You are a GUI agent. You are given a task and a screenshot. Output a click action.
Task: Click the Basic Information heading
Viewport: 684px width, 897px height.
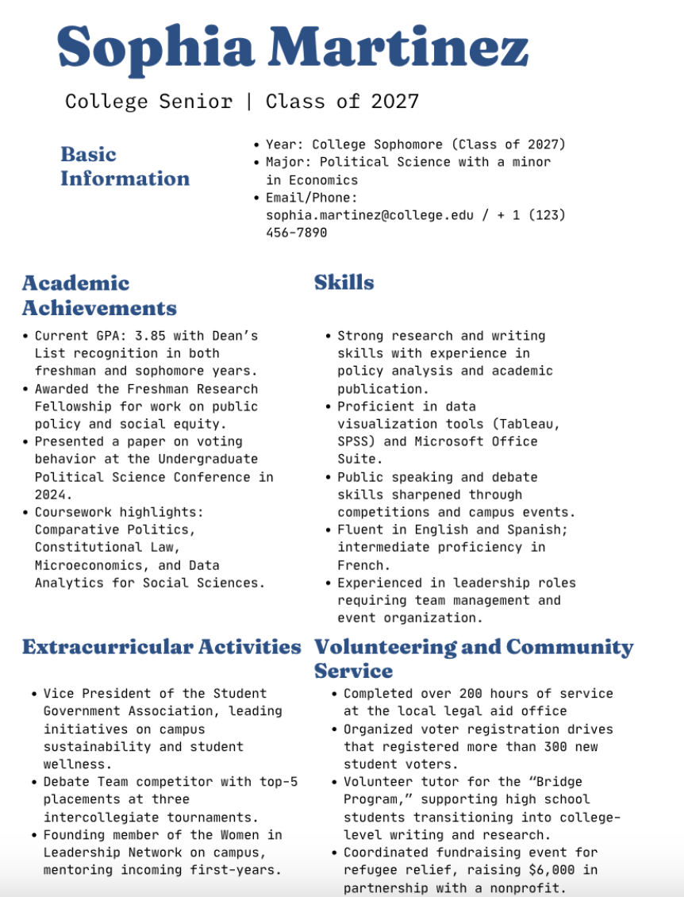click(x=125, y=166)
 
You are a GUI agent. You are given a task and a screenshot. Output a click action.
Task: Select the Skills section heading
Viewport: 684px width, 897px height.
click(x=344, y=283)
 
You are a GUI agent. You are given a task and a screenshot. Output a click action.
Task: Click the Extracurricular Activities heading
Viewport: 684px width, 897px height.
click(x=161, y=647)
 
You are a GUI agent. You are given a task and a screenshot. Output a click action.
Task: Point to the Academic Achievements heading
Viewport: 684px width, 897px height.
click(x=99, y=295)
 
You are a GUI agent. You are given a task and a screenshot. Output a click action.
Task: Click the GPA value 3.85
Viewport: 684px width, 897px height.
click(x=154, y=336)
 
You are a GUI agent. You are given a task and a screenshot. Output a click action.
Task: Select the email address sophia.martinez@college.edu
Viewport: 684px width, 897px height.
click(x=369, y=215)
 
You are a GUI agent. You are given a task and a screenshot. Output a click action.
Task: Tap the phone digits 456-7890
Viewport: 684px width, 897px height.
click(x=296, y=233)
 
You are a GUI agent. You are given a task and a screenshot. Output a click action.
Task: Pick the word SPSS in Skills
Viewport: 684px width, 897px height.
click(x=354, y=441)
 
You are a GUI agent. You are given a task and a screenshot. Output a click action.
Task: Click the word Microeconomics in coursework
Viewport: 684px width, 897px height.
click(x=92, y=565)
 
